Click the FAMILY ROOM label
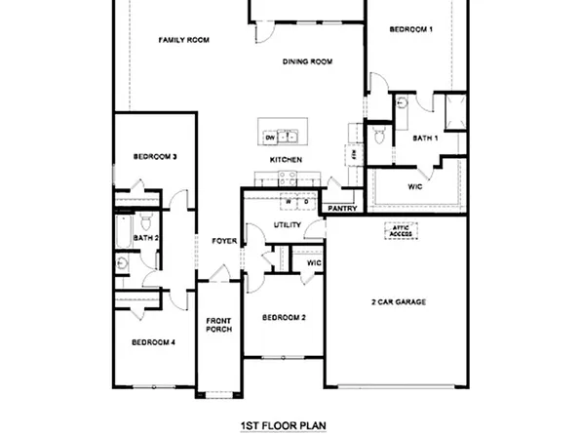[x=185, y=40]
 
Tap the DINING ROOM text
[x=307, y=61]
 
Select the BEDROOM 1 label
[x=410, y=30]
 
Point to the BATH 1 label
[x=425, y=138]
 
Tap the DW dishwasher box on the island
[x=269, y=138]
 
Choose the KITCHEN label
[x=286, y=160]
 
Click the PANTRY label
[x=342, y=208]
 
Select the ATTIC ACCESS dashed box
[x=401, y=231]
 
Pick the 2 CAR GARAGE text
[x=399, y=302]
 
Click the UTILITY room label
[x=286, y=225]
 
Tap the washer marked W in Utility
[x=288, y=201]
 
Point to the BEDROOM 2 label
[x=284, y=318]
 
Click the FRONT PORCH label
[x=217, y=326]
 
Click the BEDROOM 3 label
[x=154, y=157]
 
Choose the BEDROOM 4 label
[x=153, y=342]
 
